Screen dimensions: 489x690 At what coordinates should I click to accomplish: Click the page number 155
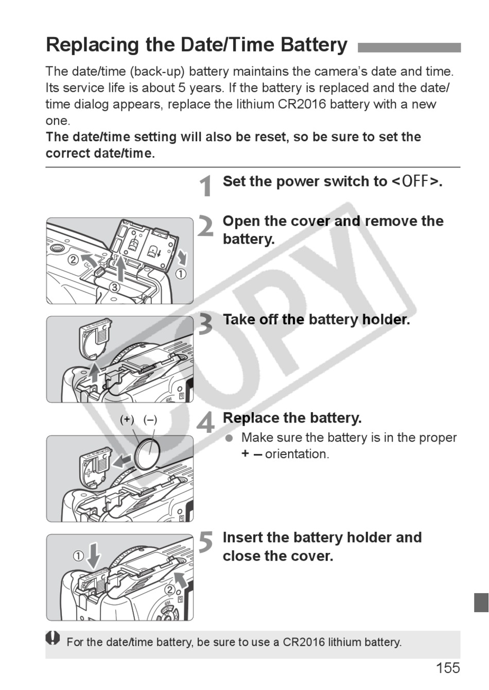[447, 668]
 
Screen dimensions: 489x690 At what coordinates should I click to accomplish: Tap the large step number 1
[206, 186]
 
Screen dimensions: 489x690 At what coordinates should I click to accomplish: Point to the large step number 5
[206, 543]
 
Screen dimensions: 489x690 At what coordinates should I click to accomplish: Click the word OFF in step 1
[415, 182]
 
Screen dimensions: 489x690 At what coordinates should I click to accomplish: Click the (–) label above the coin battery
[150, 419]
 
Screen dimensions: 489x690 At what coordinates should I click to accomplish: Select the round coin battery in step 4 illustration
[149, 452]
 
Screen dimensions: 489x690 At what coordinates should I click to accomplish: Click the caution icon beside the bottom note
[53, 638]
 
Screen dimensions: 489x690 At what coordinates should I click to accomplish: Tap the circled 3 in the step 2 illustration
[114, 288]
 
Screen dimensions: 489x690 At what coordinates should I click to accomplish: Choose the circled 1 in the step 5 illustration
[78, 556]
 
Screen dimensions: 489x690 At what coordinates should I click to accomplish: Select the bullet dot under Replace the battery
[229, 437]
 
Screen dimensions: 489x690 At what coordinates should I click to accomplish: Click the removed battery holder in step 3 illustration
[96, 338]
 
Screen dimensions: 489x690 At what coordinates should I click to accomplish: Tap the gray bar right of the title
[409, 47]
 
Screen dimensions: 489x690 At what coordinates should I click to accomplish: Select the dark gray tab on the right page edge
[481, 602]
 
